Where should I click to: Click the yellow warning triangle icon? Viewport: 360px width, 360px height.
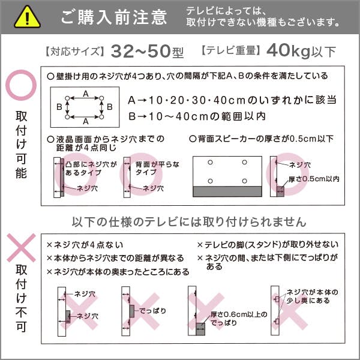[x=28, y=18]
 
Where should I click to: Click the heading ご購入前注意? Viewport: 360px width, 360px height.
[x=114, y=17]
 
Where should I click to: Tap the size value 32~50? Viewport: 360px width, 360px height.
[x=141, y=51]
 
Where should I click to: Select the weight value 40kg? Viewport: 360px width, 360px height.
[x=289, y=51]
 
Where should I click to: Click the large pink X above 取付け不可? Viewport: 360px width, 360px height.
[x=21, y=248]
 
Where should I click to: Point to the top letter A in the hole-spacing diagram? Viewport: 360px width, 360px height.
[x=86, y=94]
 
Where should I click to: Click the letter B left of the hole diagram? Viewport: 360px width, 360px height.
[x=59, y=107]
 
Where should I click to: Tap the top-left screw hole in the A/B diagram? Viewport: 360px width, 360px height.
[x=67, y=98]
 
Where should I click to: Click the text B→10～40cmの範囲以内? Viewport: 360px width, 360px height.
[x=197, y=116]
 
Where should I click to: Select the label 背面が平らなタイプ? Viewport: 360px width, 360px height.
[x=157, y=168]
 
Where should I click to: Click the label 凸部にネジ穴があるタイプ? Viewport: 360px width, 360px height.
[x=91, y=168]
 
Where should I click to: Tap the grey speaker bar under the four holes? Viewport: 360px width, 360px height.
[x=227, y=191]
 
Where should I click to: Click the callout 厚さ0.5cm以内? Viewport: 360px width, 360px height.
[x=314, y=179]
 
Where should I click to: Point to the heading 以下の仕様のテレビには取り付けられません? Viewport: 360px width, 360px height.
[x=189, y=222]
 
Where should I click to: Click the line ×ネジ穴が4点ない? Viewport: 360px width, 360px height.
[x=85, y=245]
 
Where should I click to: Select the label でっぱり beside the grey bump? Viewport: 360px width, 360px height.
[x=152, y=311]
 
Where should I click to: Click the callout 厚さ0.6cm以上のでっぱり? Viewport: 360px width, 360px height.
[x=239, y=319]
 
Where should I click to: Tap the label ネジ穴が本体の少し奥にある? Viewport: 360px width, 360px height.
[x=312, y=296]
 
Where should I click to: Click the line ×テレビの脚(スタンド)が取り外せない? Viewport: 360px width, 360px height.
[x=268, y=245]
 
